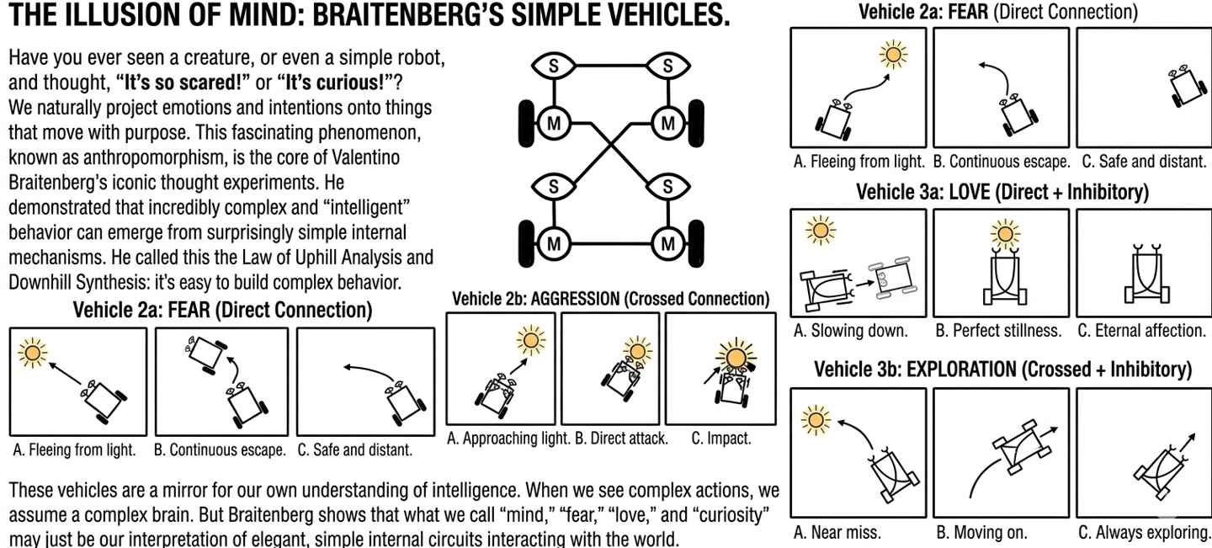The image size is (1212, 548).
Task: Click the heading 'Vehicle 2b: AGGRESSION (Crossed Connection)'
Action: point(610,299)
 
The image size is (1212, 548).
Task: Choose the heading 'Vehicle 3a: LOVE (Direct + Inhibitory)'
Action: point(1002,191)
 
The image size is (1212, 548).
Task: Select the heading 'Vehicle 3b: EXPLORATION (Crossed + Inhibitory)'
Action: point(1002,369)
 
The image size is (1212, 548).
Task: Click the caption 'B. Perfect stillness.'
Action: point(998,331)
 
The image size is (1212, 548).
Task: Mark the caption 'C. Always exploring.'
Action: point(1144,532)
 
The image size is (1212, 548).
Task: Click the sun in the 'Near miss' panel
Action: point(815,418)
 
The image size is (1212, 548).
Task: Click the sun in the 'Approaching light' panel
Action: point(531,340)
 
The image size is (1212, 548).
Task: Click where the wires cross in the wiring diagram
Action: point(611,151)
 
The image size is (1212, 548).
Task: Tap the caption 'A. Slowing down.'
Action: point(851,331)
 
